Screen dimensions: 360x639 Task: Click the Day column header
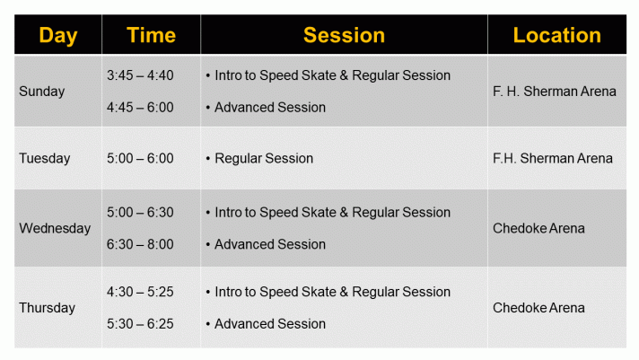click(x=57, y=36)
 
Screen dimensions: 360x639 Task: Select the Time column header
click(x=151, y=36)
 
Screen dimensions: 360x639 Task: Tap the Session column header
click(x=344, y=36)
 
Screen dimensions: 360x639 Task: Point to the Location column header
click(x=556, y=36)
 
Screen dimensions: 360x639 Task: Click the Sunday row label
click(x=42, y=92)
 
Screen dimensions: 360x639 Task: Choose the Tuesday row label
click(x=45, y=159)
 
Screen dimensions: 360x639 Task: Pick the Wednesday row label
click(x=55, y=228)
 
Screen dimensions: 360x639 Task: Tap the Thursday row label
click(x=48, y=308)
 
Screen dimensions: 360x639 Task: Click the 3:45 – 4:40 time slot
click(x=140, y=75)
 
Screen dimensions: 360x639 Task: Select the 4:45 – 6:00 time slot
click(x=140, y=108)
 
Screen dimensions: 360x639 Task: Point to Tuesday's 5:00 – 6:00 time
click(x=140, y=159)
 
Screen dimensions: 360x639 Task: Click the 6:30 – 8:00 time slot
click(x=140, y=244)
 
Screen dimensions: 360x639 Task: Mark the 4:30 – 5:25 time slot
click(x=140, y=292)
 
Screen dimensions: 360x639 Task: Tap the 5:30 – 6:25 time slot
click(x=140, y=324)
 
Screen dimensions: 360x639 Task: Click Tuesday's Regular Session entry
click(x=264, y=159)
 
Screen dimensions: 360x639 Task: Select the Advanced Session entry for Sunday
click(x=270, y=108)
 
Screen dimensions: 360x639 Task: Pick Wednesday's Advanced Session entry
click(x=270, y=244)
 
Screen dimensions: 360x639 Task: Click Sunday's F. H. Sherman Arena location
click(x=555, y=92)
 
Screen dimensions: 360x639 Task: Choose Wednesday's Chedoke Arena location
click(x=538, y=228)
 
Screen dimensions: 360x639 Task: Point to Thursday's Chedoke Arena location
click(x=538, y=308)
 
